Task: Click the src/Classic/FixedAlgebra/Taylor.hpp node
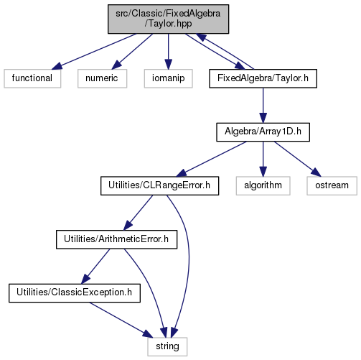[168, 19]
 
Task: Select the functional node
[32, 78]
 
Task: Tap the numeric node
[102, 78]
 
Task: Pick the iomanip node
[168, 78]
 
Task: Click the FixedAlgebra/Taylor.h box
[263, 78]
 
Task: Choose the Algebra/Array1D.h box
[263, 132]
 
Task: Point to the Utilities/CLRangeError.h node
[159, 185]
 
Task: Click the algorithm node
[263, 185]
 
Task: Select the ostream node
[332, 185]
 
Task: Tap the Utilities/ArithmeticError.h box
[116, 239]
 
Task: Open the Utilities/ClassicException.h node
[75, 293]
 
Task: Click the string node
[167, 346]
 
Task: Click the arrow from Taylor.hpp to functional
[94, 52]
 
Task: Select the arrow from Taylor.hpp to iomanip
[168, 52]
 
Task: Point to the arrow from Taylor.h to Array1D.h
[263, 106]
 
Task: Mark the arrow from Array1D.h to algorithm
[263, 159]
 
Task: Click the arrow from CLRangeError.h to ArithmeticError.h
[138, 213]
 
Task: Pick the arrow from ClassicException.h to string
[121, 320]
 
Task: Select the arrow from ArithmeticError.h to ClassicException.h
[95, 267]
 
